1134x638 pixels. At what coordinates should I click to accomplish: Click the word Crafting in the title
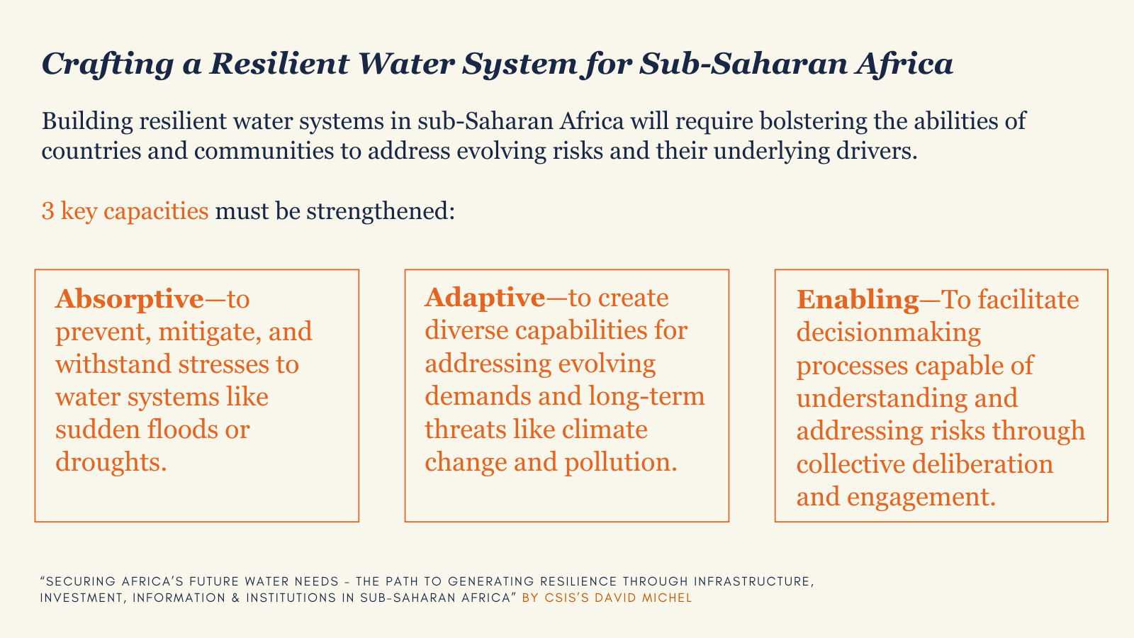tap(107, 65)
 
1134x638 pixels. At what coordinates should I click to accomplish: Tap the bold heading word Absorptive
tap(130, 298)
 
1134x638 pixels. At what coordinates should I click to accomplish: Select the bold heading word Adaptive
tap(485, 297)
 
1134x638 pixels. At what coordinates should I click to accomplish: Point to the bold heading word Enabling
tap(858, 300)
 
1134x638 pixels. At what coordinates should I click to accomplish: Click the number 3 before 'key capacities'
tap(47, 211)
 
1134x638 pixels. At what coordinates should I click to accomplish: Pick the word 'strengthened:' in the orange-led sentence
tap(381, 211)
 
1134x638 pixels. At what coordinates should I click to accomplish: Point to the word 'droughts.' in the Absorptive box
tap(111, 461)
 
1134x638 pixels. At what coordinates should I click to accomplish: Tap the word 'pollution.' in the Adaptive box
tap(621, 462)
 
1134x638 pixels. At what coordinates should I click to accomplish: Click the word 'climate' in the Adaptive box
tap(605, 430)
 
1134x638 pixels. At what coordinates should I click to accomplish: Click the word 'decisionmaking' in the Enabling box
tap(889, 333)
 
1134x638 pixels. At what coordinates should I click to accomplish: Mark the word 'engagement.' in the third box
tap(921, 498)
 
